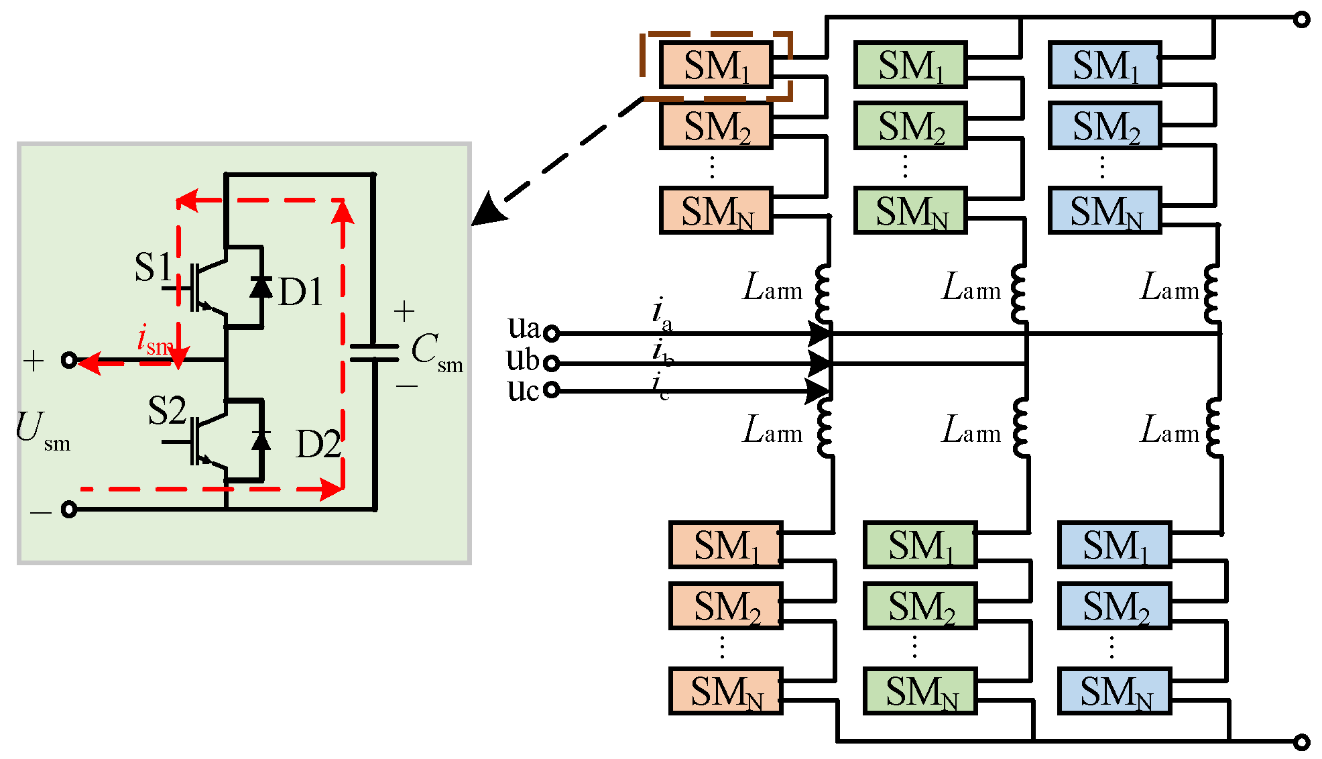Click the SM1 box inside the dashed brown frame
(716, 65)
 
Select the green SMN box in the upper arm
(910, 211)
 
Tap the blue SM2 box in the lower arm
(1115, 606)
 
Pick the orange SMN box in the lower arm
(726, 691)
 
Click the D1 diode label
(300, 292)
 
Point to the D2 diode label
(318, 445)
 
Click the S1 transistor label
(154, 267)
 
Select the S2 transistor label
(166, 410)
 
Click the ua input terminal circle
(551, 333)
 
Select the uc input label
(522, 390)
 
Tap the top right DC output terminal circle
(1301, 19)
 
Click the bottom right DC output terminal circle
(1301, 742)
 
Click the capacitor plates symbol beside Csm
(374, 353)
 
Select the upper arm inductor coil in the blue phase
(1212, 294)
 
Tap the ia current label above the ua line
(661, 314)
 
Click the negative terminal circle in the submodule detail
(69, 510)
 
